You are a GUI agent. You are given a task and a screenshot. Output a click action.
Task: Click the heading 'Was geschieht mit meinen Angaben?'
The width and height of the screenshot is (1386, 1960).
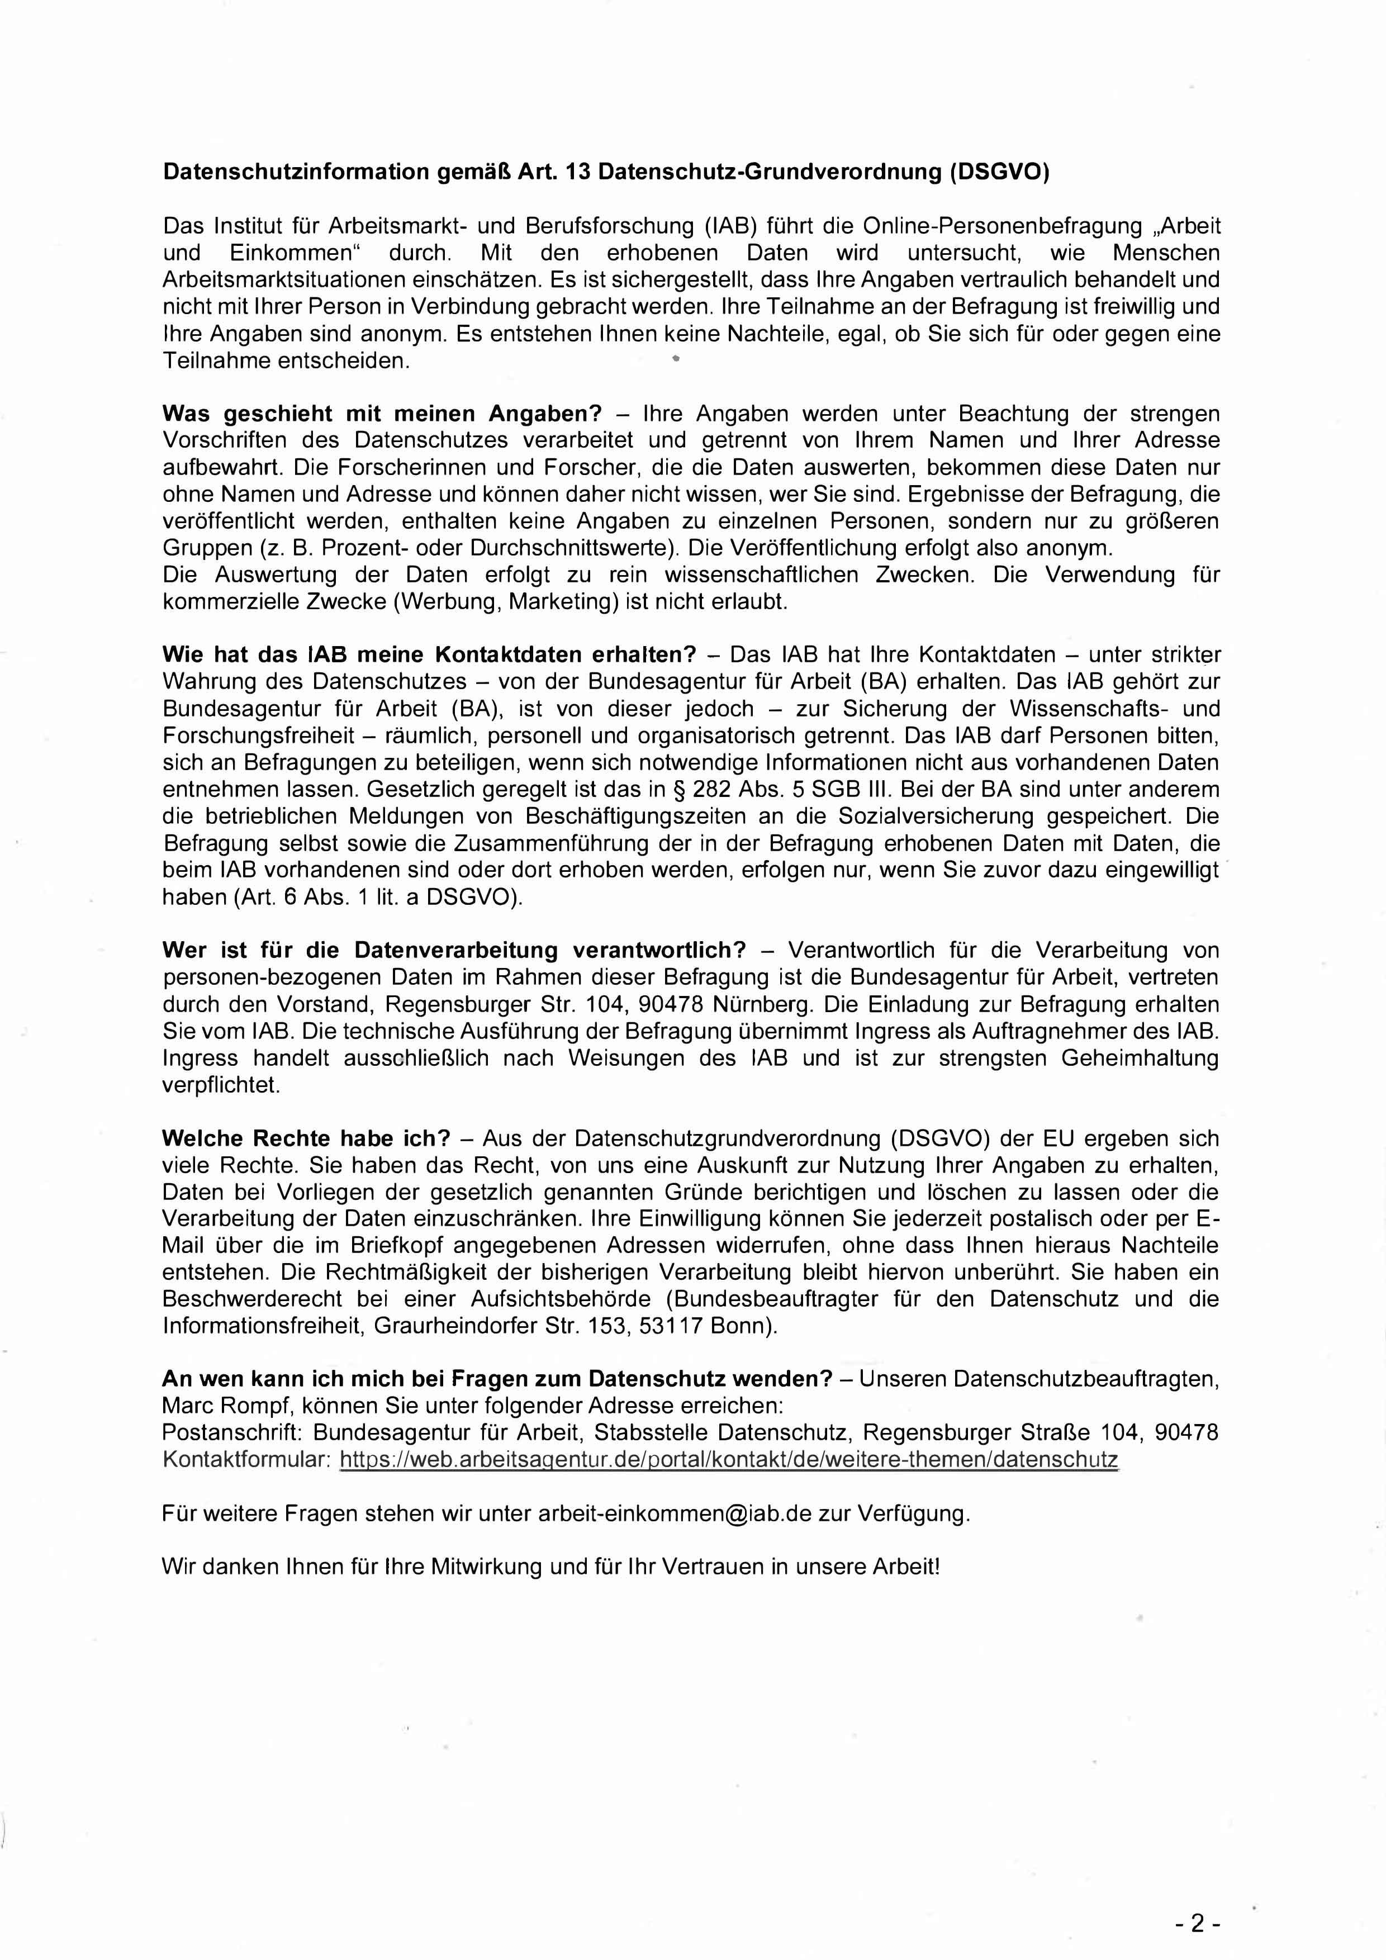point(382,414)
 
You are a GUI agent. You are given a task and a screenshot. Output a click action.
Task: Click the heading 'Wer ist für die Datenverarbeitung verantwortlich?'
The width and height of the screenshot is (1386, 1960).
point(454,950)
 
